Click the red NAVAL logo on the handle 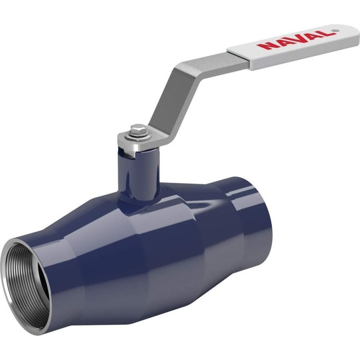click(293, 40)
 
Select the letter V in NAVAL click(294, 39)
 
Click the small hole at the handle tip click(335, 30)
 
